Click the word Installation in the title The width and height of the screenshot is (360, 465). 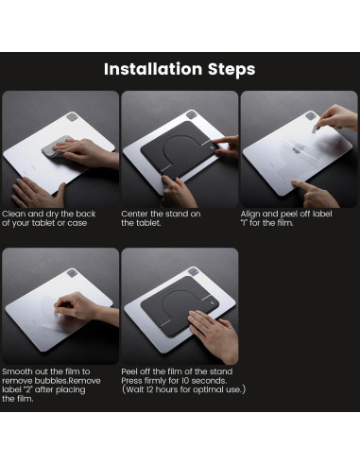[153, 69]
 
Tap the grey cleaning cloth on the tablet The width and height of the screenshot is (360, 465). [57, 147]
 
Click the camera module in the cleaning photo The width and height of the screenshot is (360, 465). [72, 117]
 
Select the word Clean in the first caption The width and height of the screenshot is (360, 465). [14, 214]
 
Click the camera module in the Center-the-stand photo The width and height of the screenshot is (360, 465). [191, 114]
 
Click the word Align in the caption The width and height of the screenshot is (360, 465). [250, 215]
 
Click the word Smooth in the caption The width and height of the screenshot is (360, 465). [17, 371]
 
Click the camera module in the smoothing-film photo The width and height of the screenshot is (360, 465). [72, 273]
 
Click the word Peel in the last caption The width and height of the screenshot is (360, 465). [129, 371]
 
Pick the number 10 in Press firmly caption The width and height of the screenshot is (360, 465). [185, 381]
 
